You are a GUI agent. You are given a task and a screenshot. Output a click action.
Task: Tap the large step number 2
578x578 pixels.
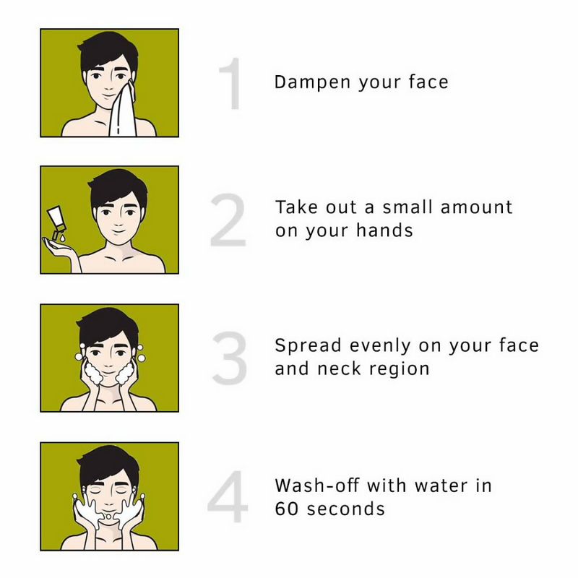click(x=228, y=220)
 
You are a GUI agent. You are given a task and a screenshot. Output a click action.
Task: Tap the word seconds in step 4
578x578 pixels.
click(x=346, y=508)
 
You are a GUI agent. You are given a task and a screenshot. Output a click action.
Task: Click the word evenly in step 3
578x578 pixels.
click(x=382, y=346)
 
